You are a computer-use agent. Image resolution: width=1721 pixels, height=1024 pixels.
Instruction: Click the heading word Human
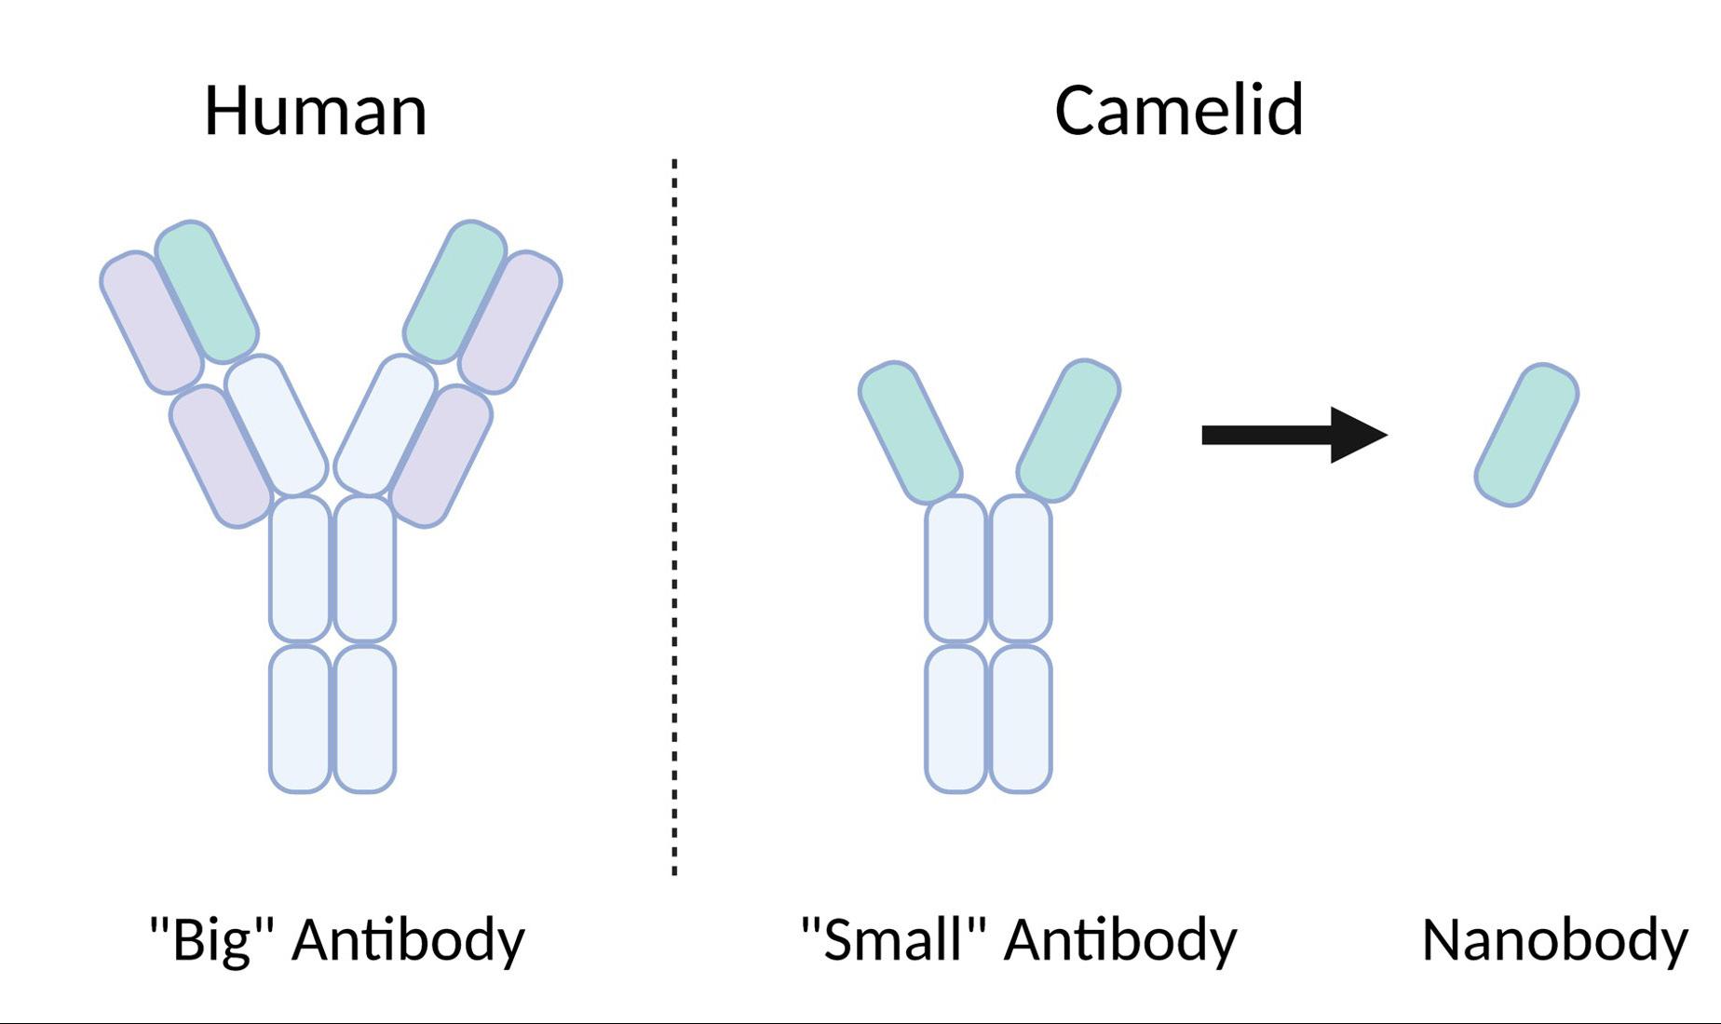point(315,111)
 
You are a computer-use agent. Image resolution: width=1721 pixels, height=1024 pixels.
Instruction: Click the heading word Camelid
point(1178,111)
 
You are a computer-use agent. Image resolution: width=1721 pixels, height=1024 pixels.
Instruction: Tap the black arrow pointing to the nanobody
point(1294,435)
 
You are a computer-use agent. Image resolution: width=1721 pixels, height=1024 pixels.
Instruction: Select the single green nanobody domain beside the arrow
point(1526,435)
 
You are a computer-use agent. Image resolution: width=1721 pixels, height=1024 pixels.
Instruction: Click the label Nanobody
point(1554,939)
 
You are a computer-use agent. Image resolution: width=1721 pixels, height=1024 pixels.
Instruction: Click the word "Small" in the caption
point(893,939)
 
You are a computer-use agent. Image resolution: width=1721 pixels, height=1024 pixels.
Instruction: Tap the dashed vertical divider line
point(674,517)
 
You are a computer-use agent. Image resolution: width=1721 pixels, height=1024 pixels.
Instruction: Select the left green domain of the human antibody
point(207,291)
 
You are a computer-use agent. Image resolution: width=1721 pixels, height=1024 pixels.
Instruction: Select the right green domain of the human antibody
point(455,291)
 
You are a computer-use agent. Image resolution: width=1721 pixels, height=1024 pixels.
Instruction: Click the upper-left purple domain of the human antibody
point(151,322)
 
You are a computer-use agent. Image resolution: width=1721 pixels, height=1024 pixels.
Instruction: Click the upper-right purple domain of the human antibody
point(511,322)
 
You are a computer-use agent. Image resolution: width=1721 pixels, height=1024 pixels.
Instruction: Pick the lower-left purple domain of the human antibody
point(220,456)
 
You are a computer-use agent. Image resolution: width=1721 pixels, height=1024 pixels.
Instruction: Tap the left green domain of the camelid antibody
point(909,431)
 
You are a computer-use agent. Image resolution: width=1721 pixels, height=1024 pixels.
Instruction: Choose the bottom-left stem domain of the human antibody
point(300,719)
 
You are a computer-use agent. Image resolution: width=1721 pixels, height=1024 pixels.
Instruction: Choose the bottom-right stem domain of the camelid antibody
point(1021,719)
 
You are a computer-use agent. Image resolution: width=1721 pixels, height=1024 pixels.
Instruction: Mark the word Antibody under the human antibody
point(408,939)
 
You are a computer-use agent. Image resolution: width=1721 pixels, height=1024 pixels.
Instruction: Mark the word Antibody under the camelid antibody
point(1120,939)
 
